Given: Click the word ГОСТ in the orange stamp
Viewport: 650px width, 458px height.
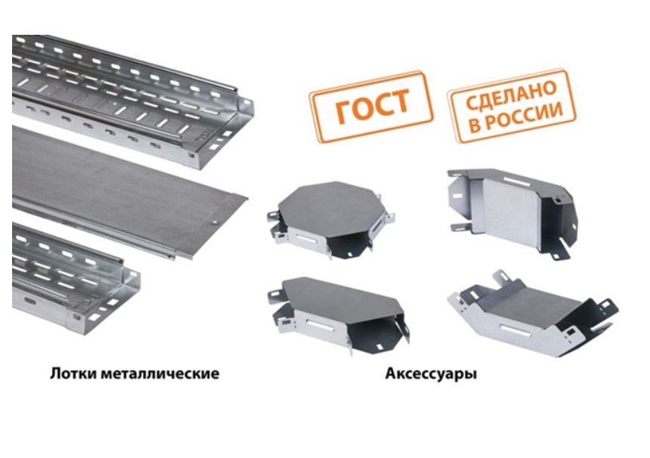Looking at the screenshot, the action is coord(373,106).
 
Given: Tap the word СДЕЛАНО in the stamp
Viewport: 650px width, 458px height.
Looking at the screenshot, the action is coord(511,94).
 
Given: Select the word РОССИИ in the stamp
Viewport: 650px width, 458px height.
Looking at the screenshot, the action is coord(524,116).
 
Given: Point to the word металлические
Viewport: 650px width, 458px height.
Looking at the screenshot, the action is coord(160,373).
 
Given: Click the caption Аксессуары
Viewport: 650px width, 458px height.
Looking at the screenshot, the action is coord(431,374).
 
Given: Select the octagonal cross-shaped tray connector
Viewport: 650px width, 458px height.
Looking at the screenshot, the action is coord(330,220).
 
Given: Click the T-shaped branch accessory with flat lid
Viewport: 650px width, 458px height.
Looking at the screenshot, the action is coord(339,314).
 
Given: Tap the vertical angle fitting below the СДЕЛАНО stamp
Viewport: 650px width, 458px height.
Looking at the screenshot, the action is coord(512,212).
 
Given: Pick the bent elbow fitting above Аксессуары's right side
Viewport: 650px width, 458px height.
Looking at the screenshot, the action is coord(532,314).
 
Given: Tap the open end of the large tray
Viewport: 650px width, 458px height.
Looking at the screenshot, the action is coord(224,132).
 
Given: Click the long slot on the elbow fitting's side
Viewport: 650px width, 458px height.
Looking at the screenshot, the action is coord(516,331).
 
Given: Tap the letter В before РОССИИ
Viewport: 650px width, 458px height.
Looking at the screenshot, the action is coord(474,125).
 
